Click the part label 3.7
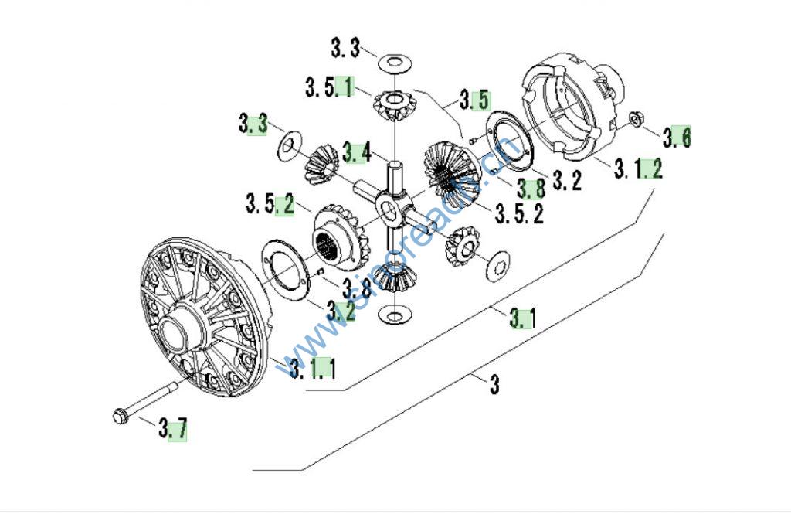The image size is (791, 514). [x=173, y=427]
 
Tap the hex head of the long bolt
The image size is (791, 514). [x=119, y=416]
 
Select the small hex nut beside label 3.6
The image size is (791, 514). [x=637, y=119]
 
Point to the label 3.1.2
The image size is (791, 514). [x=638, y=168]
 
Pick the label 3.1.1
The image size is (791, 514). [x=312, y=369]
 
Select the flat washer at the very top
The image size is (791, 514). [x=394, y=60]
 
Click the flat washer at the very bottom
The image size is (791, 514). [x=395, y=315]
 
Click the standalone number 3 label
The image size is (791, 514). [x=494, y=384]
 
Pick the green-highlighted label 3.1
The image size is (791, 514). [x=522, y=318]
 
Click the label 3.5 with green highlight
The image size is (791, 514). [x=474, y=99]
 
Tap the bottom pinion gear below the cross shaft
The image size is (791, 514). [x=396, y=277]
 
